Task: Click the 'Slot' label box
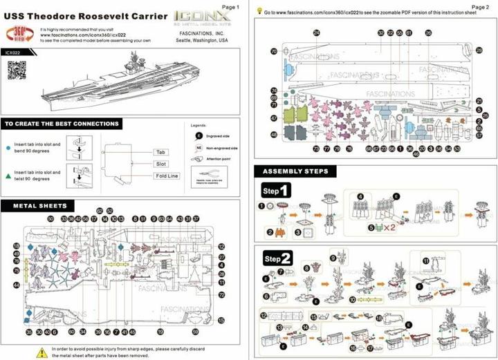[160, 164]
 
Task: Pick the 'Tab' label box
[160, 151]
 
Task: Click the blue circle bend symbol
[7, 146]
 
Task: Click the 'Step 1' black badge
[275, 189]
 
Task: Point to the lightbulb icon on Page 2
[259, 12]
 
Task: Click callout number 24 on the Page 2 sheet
[316, 32]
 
